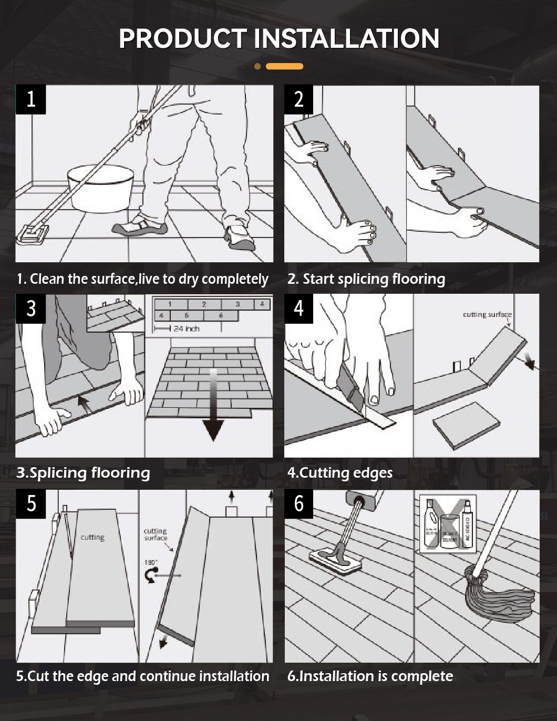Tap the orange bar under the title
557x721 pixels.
[x=284, y=66]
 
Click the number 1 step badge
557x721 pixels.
[x=30, y=99]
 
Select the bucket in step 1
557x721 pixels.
[x=100, y=188]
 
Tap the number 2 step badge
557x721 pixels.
[x=298, y=99]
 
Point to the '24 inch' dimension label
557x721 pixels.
[x=186, y=328]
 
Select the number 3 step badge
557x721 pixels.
[x=30, y=308]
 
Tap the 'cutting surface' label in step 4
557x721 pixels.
[x=487, y=314]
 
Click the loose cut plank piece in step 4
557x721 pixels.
[x=466, y=425]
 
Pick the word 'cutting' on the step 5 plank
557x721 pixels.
[x=92, y=537]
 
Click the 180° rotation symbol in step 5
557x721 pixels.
[x=151, y=574]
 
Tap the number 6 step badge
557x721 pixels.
[x=298, y=503]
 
